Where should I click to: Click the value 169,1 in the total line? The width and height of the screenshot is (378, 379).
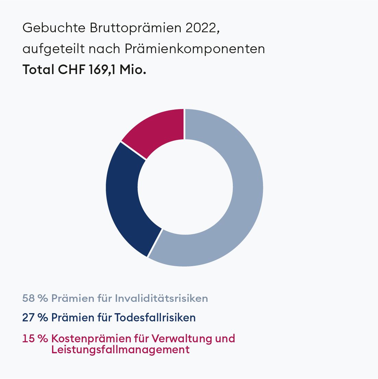tap(102, 70)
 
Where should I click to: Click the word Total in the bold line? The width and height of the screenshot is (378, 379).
tap(38, 70)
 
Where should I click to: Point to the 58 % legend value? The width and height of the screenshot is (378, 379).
tap(35, 298)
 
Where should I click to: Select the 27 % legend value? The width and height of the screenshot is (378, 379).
tap(35, 318)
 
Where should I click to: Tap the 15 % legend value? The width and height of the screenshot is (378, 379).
tap(35, 339)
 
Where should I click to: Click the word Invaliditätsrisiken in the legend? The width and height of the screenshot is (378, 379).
tap(161, 298)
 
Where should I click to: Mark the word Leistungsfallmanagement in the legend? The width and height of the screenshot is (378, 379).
tap(120, 350)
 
